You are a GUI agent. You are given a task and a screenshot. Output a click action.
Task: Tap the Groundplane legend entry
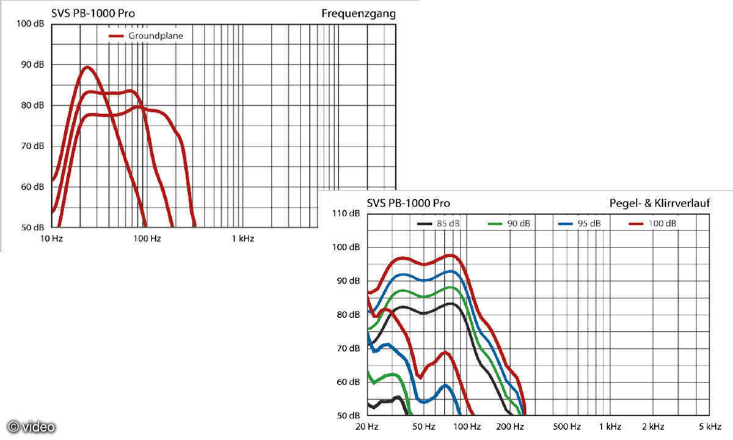(x=147, y=36)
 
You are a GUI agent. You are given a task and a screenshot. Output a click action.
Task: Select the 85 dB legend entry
(x=439, y=224)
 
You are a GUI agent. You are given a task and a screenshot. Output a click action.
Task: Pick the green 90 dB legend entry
(x=509, y=224)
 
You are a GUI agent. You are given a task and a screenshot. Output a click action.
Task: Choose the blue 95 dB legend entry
(x=580, y=224)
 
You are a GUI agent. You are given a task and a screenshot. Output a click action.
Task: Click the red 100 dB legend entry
(x=652, y=224)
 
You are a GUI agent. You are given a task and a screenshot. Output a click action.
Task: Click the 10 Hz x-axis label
(x=52, y=238)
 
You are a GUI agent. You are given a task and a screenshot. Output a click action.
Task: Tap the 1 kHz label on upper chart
(x=243, y=238)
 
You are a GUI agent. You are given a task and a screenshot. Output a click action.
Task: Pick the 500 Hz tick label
(x=567, y=426)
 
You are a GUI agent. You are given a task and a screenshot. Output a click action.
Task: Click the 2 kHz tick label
(x=652, y=426)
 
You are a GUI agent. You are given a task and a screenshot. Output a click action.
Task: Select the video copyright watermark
(x=31, y=427)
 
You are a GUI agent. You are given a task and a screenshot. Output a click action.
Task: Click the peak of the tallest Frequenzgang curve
(x=87, y=67)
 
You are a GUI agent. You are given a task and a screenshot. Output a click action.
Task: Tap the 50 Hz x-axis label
(x=423, y=426)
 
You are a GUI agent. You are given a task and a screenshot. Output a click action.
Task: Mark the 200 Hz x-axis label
(x=511, y=426)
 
